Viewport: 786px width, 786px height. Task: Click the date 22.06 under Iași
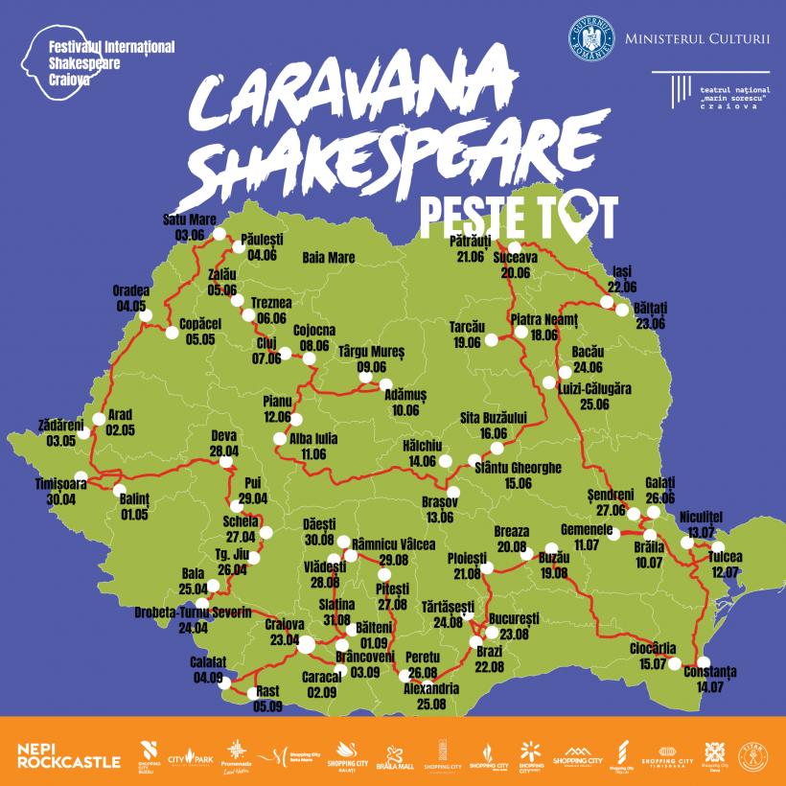pos(621,287)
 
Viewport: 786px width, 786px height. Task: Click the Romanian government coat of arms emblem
pos(590,35)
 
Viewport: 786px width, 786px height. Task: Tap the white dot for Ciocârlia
pos(676,663)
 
